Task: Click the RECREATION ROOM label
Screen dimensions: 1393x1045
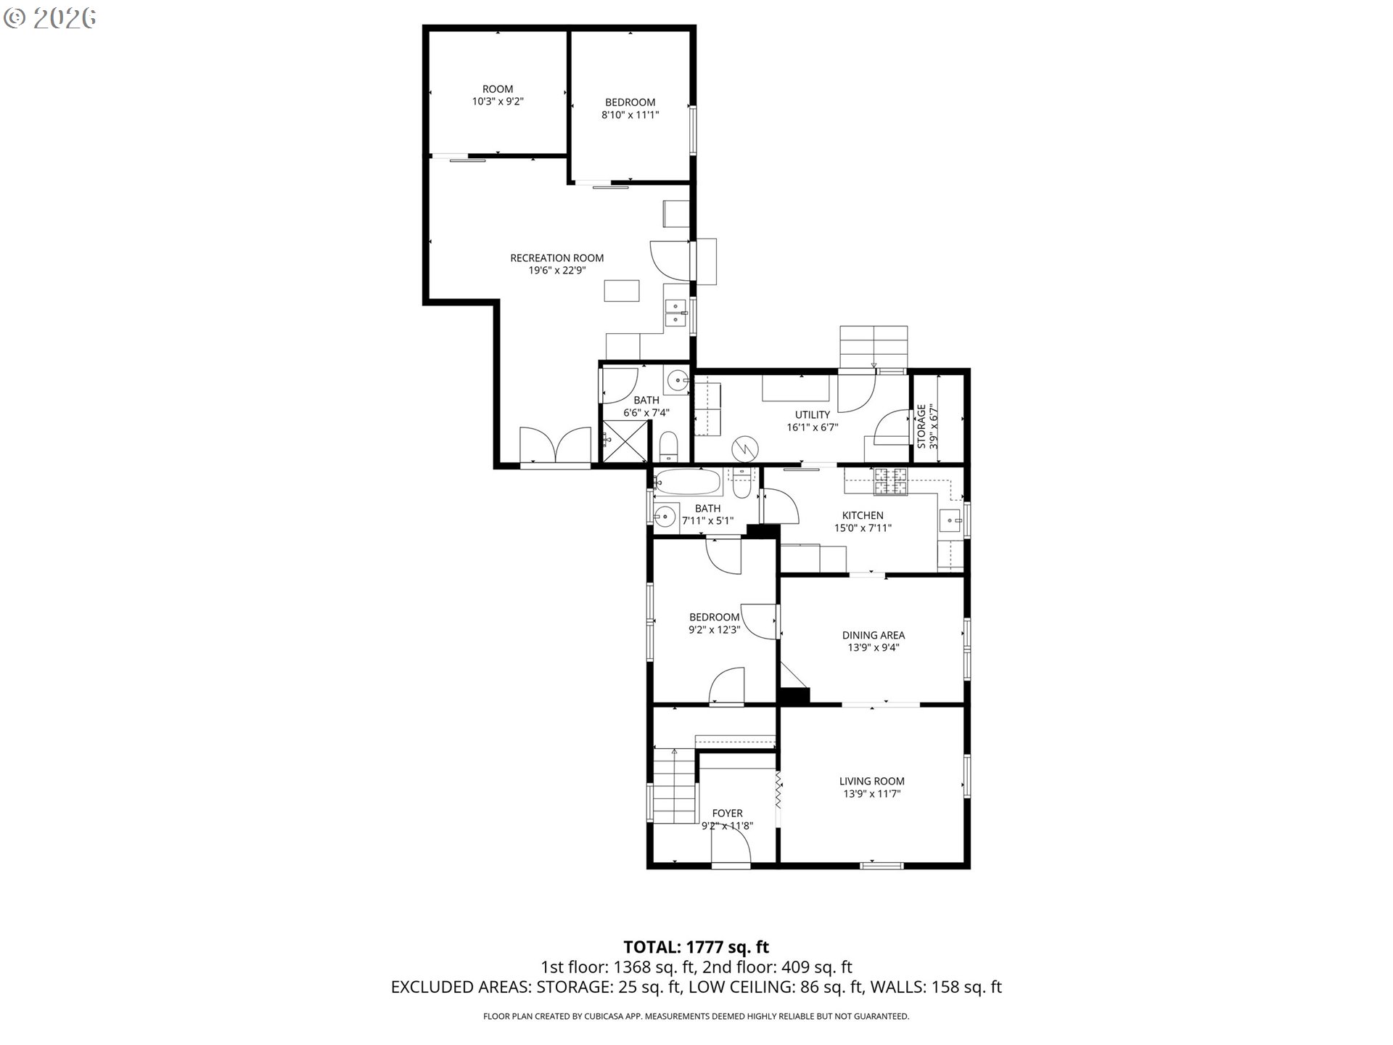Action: [556, 258]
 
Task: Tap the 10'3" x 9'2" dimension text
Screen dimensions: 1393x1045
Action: [498, 102]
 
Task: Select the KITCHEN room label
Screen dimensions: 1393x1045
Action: [863, 515]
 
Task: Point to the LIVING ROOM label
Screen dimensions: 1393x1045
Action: [872, 781]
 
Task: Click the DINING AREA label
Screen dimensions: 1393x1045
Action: [874, 635]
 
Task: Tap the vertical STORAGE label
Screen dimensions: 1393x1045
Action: [921, 427]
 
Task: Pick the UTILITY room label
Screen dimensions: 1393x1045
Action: [813, 414]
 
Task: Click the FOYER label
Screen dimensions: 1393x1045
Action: [727, 814]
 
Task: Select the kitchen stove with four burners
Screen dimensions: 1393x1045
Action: [891, 481]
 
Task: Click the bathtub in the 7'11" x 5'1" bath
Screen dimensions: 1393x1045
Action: [688, 482]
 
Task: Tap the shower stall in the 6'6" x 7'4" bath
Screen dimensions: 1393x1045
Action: [623, 442]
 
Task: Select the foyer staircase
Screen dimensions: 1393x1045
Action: [675, 787]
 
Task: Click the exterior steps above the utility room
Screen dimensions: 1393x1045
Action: [874, 347]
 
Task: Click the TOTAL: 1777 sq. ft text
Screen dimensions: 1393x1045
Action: [696, 947]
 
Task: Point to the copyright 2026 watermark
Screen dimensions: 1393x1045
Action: [50, 18]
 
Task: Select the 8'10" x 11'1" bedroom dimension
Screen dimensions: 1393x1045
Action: [630, 115]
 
